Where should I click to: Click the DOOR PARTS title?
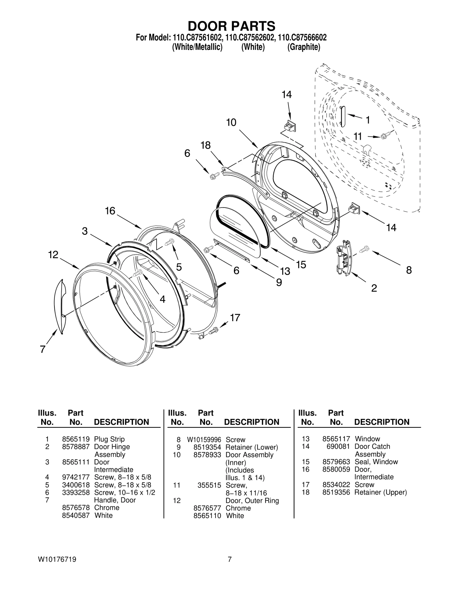click(231, 26)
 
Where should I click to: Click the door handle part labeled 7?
click(60, 306)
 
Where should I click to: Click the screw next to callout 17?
click(213, 331)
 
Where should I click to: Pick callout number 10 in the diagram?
click(231, 123)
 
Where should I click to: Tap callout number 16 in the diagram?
click(110, 211)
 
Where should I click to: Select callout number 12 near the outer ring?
click(53, 255)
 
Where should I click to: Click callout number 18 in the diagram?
click(205, 145)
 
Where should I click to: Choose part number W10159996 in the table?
click(204, 440)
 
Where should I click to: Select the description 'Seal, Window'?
click(376, 462)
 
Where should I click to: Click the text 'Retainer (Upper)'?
click(380, 492)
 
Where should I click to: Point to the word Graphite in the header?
click(303, 47)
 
